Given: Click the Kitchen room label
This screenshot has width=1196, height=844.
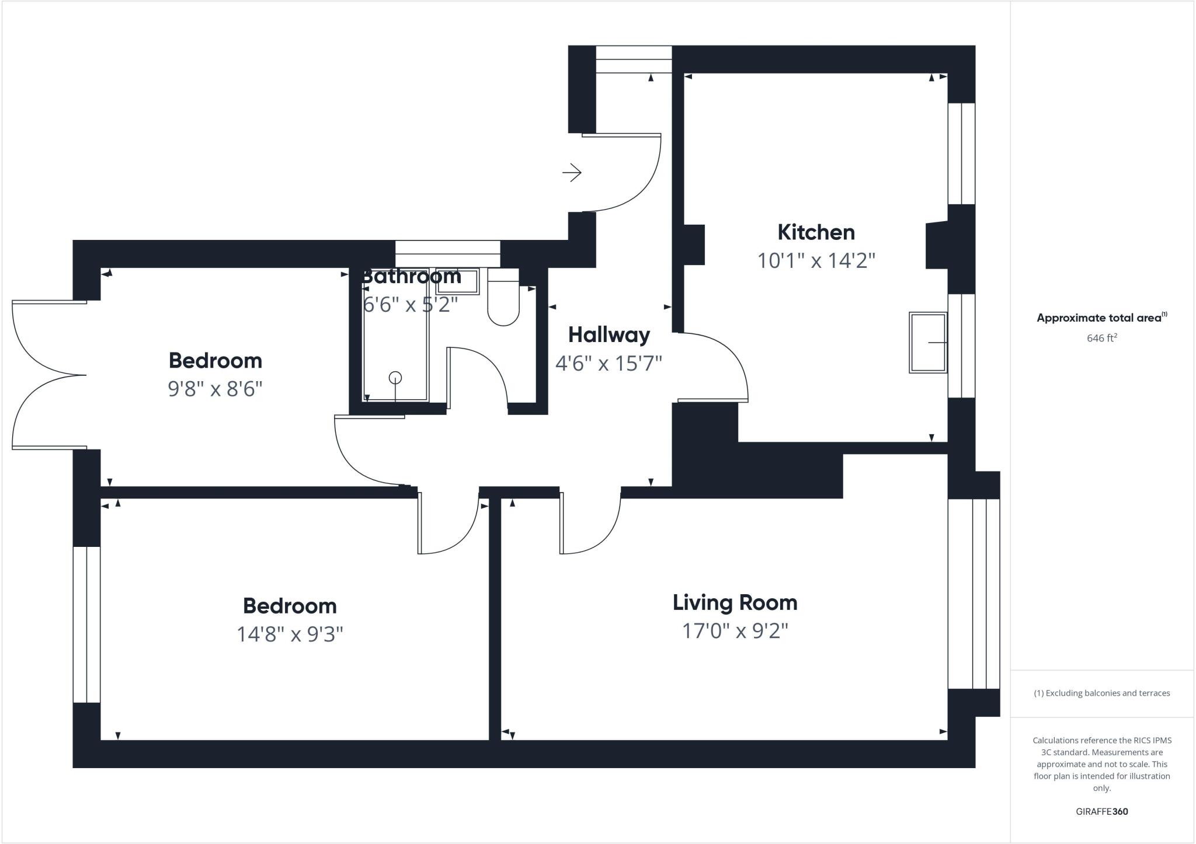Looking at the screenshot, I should coord(816,232).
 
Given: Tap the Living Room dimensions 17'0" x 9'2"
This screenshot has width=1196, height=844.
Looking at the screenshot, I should coord(735,631).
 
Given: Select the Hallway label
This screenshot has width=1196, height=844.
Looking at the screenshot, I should coord(609,335).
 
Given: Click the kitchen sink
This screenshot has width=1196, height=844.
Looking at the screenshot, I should coord(927,343).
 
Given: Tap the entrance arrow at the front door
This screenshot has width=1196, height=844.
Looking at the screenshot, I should coord(572,172).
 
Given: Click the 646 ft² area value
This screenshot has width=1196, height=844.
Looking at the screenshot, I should coord(1101,338).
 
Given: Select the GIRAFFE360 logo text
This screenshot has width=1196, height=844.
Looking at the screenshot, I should coord(1101,811).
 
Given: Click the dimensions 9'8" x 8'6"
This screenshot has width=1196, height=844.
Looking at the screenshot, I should coord(215,389).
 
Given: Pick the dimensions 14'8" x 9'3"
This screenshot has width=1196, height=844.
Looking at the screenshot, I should coord(290,634).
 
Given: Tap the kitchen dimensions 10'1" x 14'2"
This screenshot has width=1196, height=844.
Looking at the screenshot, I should coord(816,260).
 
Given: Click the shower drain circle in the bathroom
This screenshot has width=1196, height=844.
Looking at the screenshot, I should coord(395,378).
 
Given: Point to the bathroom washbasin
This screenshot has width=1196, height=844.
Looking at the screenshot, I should coord(457,281).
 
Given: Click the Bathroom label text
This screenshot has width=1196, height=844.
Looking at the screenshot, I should coord(411,276).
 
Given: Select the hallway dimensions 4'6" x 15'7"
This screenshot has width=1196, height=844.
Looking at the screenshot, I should coord(609,364).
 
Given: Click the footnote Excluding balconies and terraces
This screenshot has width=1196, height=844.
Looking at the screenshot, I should coord(1101,693).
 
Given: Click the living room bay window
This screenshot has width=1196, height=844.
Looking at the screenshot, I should coord(974,594).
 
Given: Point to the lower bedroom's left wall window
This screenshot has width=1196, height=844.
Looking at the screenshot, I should coord(86,625).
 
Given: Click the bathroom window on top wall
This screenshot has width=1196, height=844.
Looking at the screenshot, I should coord(447,254).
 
